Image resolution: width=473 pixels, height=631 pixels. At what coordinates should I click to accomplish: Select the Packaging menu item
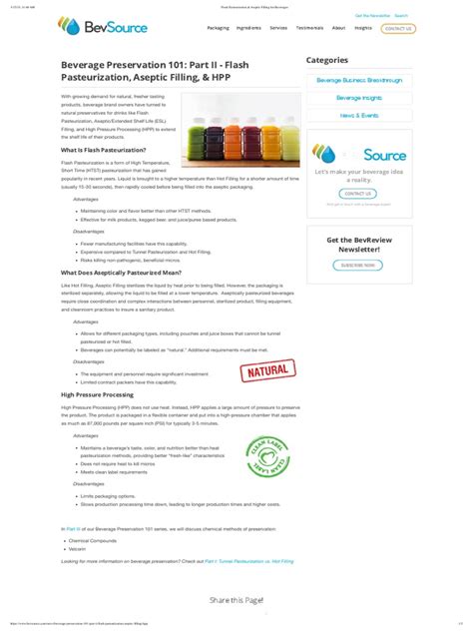[x=218, y=28]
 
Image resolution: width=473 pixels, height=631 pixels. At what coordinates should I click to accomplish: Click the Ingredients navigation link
[x=248, y=28]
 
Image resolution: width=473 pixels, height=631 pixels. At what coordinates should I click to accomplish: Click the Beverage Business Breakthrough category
[x=359, y=79]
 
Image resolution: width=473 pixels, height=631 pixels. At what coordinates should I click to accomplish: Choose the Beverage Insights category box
[x=359, y=97]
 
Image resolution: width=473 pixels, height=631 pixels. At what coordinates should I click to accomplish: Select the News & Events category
[x=359, y=116]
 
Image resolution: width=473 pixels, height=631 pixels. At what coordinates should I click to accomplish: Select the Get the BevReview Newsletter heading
[x=358, y=245]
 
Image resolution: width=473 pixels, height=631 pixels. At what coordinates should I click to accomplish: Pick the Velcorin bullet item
[x=79, y=548]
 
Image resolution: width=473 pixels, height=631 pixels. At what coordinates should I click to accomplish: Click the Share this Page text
[x=236, y=600]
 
